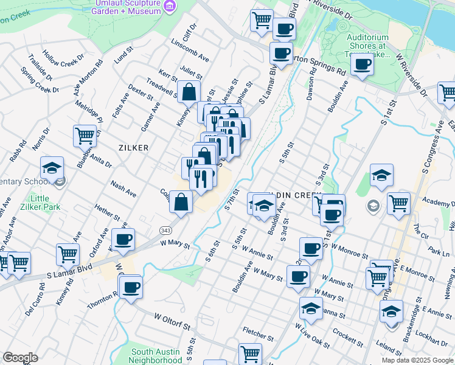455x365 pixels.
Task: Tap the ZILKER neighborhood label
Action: pos(133,148)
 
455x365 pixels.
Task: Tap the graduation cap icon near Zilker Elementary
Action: pos(53,167)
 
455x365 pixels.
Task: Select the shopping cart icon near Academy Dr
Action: pos(399,203)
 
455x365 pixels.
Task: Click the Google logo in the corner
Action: pos(20,358)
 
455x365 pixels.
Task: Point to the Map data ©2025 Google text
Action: pos(417,360)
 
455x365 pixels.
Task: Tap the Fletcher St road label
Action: pos(257,334)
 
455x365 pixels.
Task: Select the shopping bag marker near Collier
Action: pos(181,202)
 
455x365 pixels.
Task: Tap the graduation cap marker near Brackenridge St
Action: pos(391,310)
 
